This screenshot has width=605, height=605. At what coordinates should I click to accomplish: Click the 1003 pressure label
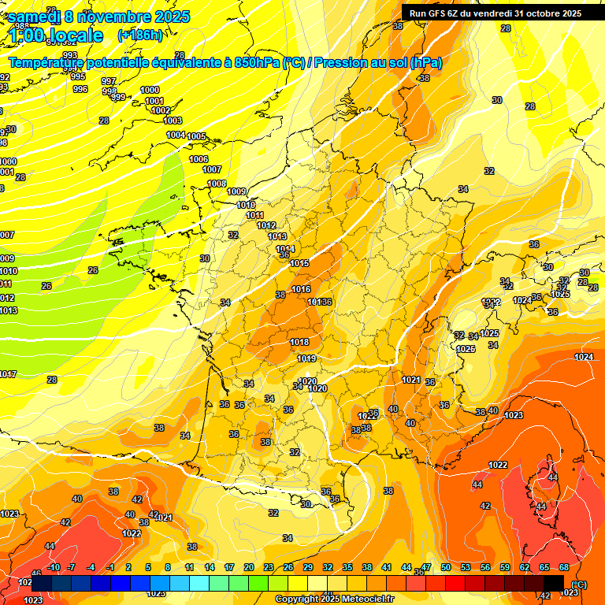tap(173, 121)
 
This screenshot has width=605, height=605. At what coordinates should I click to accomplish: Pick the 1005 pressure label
tap(196, 136)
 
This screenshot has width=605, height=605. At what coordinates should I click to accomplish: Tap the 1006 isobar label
tap(199, 159)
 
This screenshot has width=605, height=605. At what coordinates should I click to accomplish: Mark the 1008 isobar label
tap(217, 184)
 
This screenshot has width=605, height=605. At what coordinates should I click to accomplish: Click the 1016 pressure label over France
tap(301, 289)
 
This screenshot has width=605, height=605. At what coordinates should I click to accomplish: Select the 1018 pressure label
tap(299, 342)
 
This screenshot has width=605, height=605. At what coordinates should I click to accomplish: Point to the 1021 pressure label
tap(410, 380)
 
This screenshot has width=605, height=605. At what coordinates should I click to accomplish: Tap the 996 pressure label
tap(80, 89)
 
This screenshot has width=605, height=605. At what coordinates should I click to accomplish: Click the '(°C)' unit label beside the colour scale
tap(580, 584)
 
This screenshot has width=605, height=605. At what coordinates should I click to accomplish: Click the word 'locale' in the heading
tap(75, 35)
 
